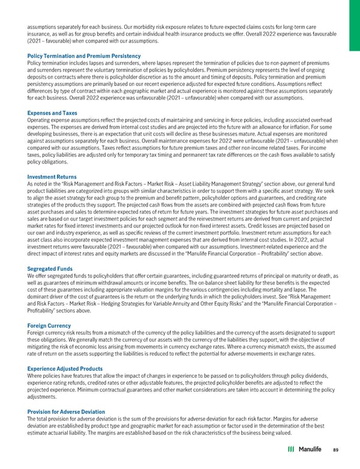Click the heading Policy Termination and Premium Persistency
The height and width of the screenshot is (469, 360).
[75, 55]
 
